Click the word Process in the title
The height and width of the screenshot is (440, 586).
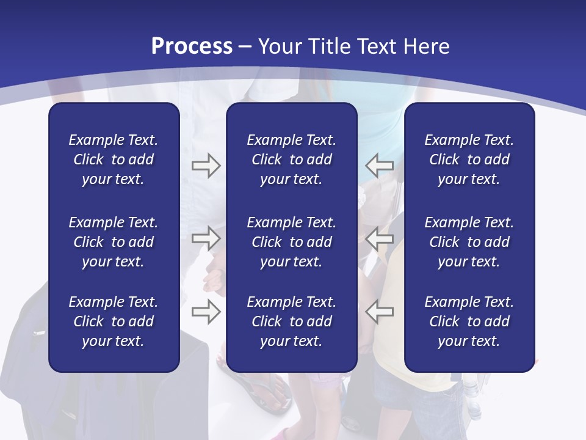tap(192, 46)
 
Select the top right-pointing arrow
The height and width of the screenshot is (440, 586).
tap(206, 166)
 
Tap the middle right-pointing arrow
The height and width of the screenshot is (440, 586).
tap(206, 238)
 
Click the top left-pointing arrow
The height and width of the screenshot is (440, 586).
tap(379, 166)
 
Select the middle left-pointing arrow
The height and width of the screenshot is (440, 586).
tap(379, 238)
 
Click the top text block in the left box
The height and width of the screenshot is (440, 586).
tap(114, 159)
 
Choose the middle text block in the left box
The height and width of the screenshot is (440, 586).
tap(114, 242)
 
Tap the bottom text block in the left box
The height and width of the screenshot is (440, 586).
tap(114, 321)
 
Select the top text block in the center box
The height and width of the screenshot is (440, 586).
tap(291, 159)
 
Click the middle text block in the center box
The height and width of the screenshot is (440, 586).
tap(291, 242)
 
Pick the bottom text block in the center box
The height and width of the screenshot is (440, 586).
tap(291, 321)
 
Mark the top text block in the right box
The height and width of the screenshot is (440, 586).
tap(469, 159)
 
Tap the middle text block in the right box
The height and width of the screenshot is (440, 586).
tap(469, 242)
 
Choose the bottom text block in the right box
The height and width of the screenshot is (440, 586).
tap(469, 321)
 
